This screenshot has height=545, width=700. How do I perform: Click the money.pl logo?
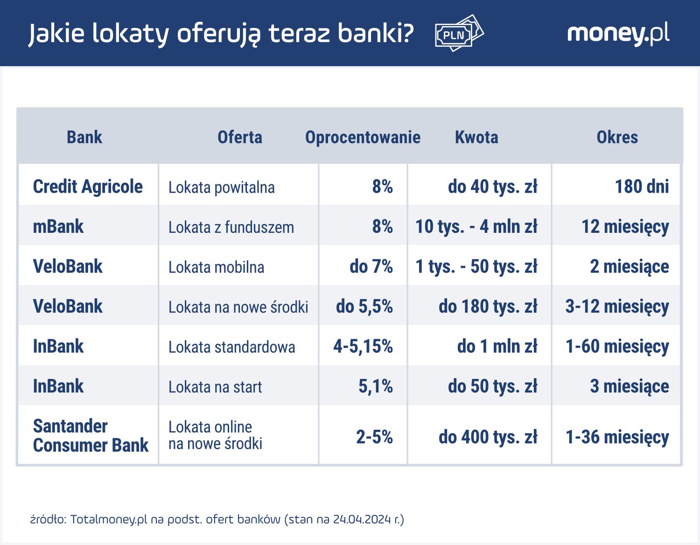pos(618,34)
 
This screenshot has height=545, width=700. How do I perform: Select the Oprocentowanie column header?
pos(363,137)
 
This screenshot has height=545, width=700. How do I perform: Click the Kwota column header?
pos(476,137)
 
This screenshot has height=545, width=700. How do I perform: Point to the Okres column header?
pos(617,137)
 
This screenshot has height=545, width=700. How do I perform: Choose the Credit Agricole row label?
pos(88,187)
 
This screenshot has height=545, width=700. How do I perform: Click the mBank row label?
pos(58,227)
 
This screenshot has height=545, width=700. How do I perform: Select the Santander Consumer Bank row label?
pos(91,436)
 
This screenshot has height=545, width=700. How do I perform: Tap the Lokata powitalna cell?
pos(221,188)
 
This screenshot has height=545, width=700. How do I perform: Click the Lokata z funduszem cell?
pos(231,227)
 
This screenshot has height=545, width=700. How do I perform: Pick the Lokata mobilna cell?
pos(216,267)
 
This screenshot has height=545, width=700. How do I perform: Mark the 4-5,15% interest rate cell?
pos(363,347)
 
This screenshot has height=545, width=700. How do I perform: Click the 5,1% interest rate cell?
pos(376,386)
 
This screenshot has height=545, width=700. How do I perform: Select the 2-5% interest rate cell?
pos(374,437)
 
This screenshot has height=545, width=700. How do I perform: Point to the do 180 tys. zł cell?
pos(488,307)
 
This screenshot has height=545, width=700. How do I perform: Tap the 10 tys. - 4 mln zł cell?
pos(476,227)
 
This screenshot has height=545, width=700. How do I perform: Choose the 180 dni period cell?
pos(642,187)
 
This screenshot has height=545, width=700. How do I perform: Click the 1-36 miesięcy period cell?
pos(617,437)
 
